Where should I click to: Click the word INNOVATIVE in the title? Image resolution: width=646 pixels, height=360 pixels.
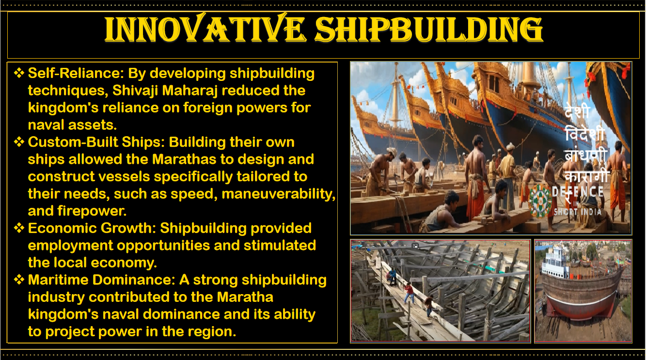click(205, 29)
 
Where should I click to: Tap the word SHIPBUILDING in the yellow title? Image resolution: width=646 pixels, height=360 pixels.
click(429, 29)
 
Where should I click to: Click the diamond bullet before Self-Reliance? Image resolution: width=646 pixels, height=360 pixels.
click(19, 73)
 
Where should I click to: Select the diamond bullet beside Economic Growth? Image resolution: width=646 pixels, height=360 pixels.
click(19, 228)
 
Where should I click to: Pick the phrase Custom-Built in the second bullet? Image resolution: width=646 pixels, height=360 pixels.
click(73, 142)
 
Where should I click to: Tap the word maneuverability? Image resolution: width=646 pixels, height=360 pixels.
click(279, 194)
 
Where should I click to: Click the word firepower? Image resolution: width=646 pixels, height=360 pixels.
click(92, 211)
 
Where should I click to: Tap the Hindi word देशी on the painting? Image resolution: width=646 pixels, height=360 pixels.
click(577, 111)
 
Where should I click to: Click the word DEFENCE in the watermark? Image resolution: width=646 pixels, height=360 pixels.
click(578, 192)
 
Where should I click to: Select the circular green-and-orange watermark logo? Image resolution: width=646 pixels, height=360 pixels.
click(540, 201)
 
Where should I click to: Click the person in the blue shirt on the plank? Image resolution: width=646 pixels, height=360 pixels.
click(392, 276)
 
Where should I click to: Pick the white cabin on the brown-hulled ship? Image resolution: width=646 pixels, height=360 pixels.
click(555, 262)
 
